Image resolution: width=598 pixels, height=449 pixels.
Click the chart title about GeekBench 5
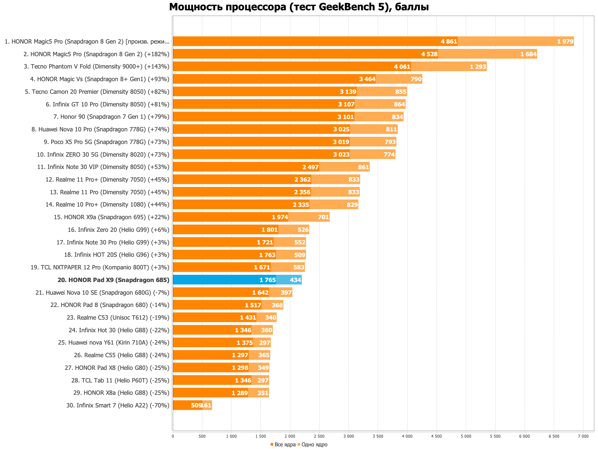click(x=299, y=7)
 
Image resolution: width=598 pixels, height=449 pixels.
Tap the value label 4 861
click(x=449, y=42)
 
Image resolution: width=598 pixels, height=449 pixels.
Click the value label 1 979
click(x=565, y=42)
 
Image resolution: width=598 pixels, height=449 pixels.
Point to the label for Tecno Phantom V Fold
click(x=96, y=67)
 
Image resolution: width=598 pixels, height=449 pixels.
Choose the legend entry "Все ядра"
click(x=283, y=445)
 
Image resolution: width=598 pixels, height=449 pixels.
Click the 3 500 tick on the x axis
click(x=378, y=436)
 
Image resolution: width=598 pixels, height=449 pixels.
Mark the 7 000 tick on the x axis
click(x=583, y=436)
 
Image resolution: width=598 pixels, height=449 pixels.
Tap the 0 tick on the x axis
click(x=173, y=436)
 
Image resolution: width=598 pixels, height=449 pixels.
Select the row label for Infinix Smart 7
click(x=118, y=405)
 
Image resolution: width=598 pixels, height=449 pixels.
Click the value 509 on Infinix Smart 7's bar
click(x=196, y=405)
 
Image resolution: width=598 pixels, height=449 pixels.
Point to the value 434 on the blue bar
click(x=295, y=280)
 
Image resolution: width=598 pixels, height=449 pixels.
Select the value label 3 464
click(x=367, y=79)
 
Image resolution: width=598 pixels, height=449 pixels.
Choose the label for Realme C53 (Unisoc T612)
click(x=118, y=318)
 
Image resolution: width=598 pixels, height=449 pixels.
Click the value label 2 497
click(x=310, y=167)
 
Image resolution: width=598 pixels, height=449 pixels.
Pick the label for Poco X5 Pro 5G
click(x=106, y=142)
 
